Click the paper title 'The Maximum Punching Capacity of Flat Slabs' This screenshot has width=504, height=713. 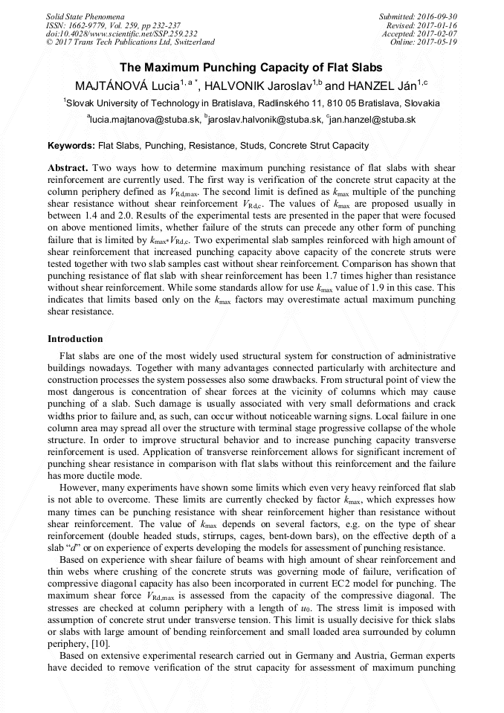pos(251,66)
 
